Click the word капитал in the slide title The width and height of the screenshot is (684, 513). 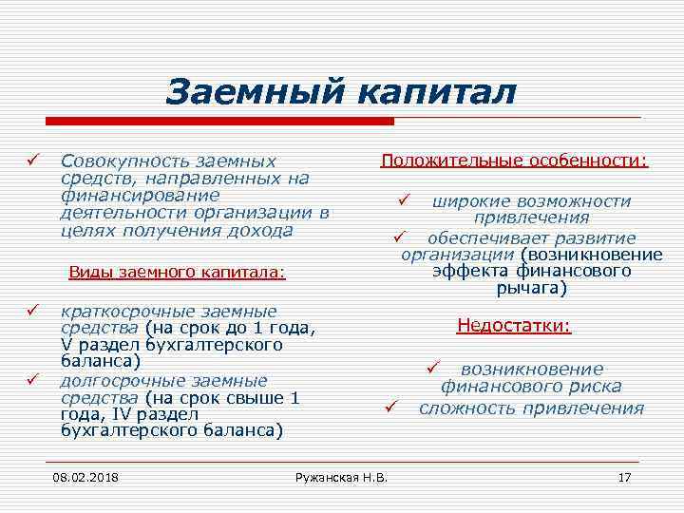pos(437,92)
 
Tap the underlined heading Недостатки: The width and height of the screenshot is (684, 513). pos(514,326)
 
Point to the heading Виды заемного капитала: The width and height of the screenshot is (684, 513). pos(177,272)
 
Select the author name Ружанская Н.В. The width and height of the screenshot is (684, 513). pos(342,476)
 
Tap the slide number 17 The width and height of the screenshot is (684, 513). pos(624,476)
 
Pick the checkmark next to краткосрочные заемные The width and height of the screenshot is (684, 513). pos(32,311)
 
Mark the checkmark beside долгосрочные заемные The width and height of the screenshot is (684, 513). pos(32,380)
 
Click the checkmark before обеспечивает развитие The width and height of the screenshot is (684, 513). pos(400,236)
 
